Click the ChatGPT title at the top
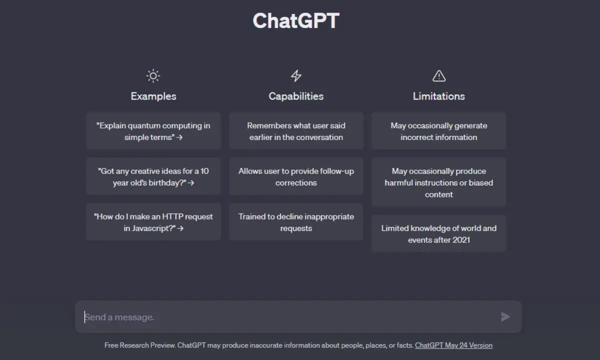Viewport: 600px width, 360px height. [x=296, y=20]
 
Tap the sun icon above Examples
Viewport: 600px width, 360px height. [x=153, y=76]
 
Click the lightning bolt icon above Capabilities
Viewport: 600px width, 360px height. [x=296, y=76]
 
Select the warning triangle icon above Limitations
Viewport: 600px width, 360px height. [x=439, y=76]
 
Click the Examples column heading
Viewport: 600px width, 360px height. [x=153, y=96]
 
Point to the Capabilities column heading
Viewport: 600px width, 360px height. [x=296, y=96]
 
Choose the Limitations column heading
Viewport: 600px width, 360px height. [x=439, y=96]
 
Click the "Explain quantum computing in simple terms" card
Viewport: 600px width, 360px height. [x=153, y=131]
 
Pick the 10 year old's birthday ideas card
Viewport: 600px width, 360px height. [x=153, y=176]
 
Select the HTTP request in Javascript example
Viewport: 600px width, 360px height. [x=153, y=222]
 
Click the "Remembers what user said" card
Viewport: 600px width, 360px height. [x=296, y=131]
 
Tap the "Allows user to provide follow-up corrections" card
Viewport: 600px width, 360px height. [x=296, y=176]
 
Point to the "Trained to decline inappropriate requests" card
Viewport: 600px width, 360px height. [x=296, y=222]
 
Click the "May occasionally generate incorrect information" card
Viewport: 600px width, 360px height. [x=439, y=131]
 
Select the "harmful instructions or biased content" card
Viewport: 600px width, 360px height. [x=439, y=182]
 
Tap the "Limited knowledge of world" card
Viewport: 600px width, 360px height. [x=439, y=233]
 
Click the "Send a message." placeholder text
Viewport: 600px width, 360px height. [x=119, y=317]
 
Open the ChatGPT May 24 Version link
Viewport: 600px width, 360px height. [x=454, y=345]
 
